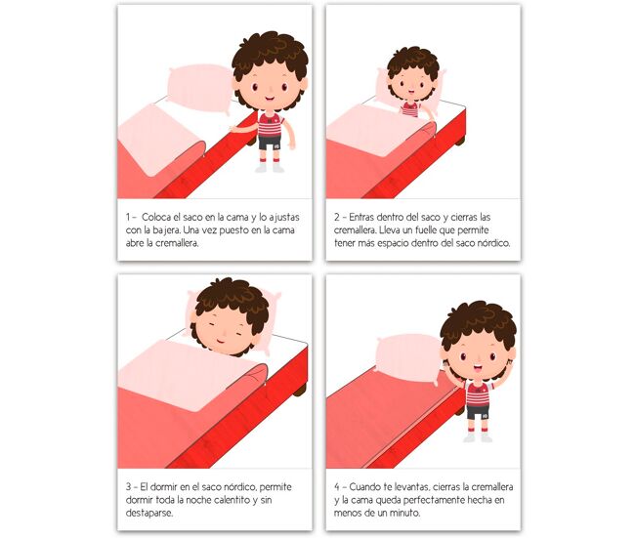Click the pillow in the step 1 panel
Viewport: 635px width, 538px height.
pyautogui.click(x=200, y=88)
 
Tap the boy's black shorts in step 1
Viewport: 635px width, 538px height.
pyautogui.click(x=270, y=143)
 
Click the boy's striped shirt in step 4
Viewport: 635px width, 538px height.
pyautogui.click(x=479, y=393)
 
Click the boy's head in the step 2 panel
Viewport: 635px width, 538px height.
pyautogui.click(x=412, y=76)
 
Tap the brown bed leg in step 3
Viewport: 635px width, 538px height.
pyautogui.click(x=300, y=391)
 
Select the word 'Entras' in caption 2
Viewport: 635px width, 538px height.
pyautogui.click(x=361, y=218)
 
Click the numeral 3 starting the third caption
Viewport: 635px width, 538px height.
pyautogui.click(x=128, y=487)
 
